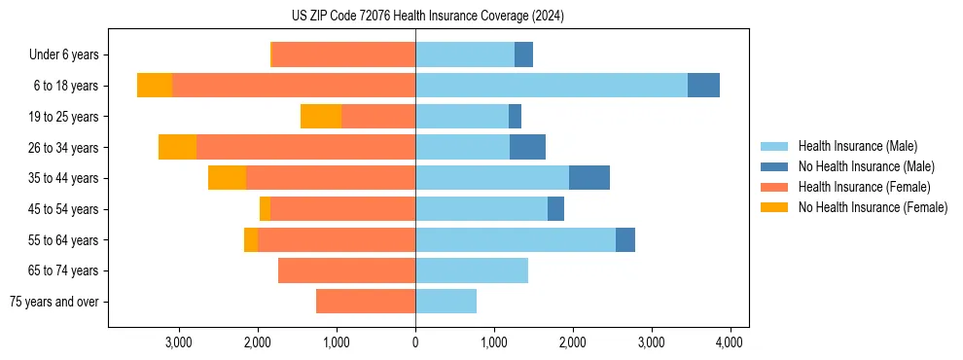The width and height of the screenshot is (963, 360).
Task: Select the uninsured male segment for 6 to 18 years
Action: pyautogui.click(x=703, y=86)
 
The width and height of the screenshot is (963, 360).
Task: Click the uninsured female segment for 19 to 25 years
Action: pyautogui.click(x=321, y=117)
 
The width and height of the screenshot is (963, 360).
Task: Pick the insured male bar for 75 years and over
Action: pyautogui.click(x=446, y=302)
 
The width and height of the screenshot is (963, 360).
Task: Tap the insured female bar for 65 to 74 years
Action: pyautogui.click(x=346, y=270)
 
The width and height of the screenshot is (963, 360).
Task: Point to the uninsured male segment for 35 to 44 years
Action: pyautogui.click(x=589, y=178)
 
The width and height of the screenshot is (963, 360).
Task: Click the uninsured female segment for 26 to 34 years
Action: pyautogui.click(x=177, y=147)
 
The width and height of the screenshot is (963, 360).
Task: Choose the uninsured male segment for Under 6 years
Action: pyautogui.click(x=523, y=54)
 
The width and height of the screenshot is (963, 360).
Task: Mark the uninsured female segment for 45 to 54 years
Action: pyautogui.click(x=265, y=209)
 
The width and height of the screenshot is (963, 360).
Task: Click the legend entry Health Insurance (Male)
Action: pyautogui.click(x=857, y=146)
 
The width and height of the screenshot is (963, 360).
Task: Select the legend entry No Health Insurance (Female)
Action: pyautogui.click(x=873, y=207)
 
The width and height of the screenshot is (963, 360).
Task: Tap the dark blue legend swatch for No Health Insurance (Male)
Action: pyautogui.click(x=774, y=166)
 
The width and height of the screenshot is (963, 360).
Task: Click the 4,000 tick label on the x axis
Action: pyautogui.click(x=730, y=342)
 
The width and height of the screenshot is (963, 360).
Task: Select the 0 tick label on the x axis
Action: pyautogui.click(x=415, y=342)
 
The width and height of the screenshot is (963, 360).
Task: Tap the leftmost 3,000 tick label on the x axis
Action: pyautogui.click(x=178, y=342)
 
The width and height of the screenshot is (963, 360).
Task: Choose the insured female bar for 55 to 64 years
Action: pyautogui.click(x=337, y=239)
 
